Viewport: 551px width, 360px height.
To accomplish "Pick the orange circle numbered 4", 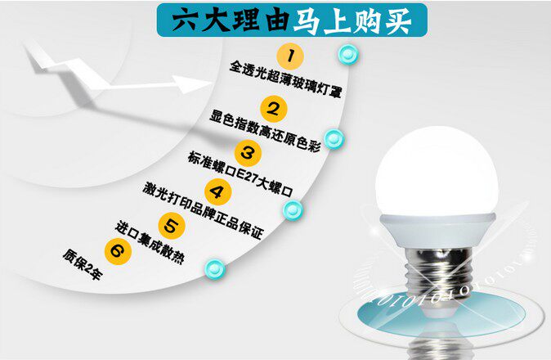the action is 217,193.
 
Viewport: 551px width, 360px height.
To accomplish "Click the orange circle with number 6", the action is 117,251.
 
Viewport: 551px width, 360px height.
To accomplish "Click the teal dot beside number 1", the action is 346,55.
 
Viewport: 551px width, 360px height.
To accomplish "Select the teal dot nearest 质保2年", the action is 214,268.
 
